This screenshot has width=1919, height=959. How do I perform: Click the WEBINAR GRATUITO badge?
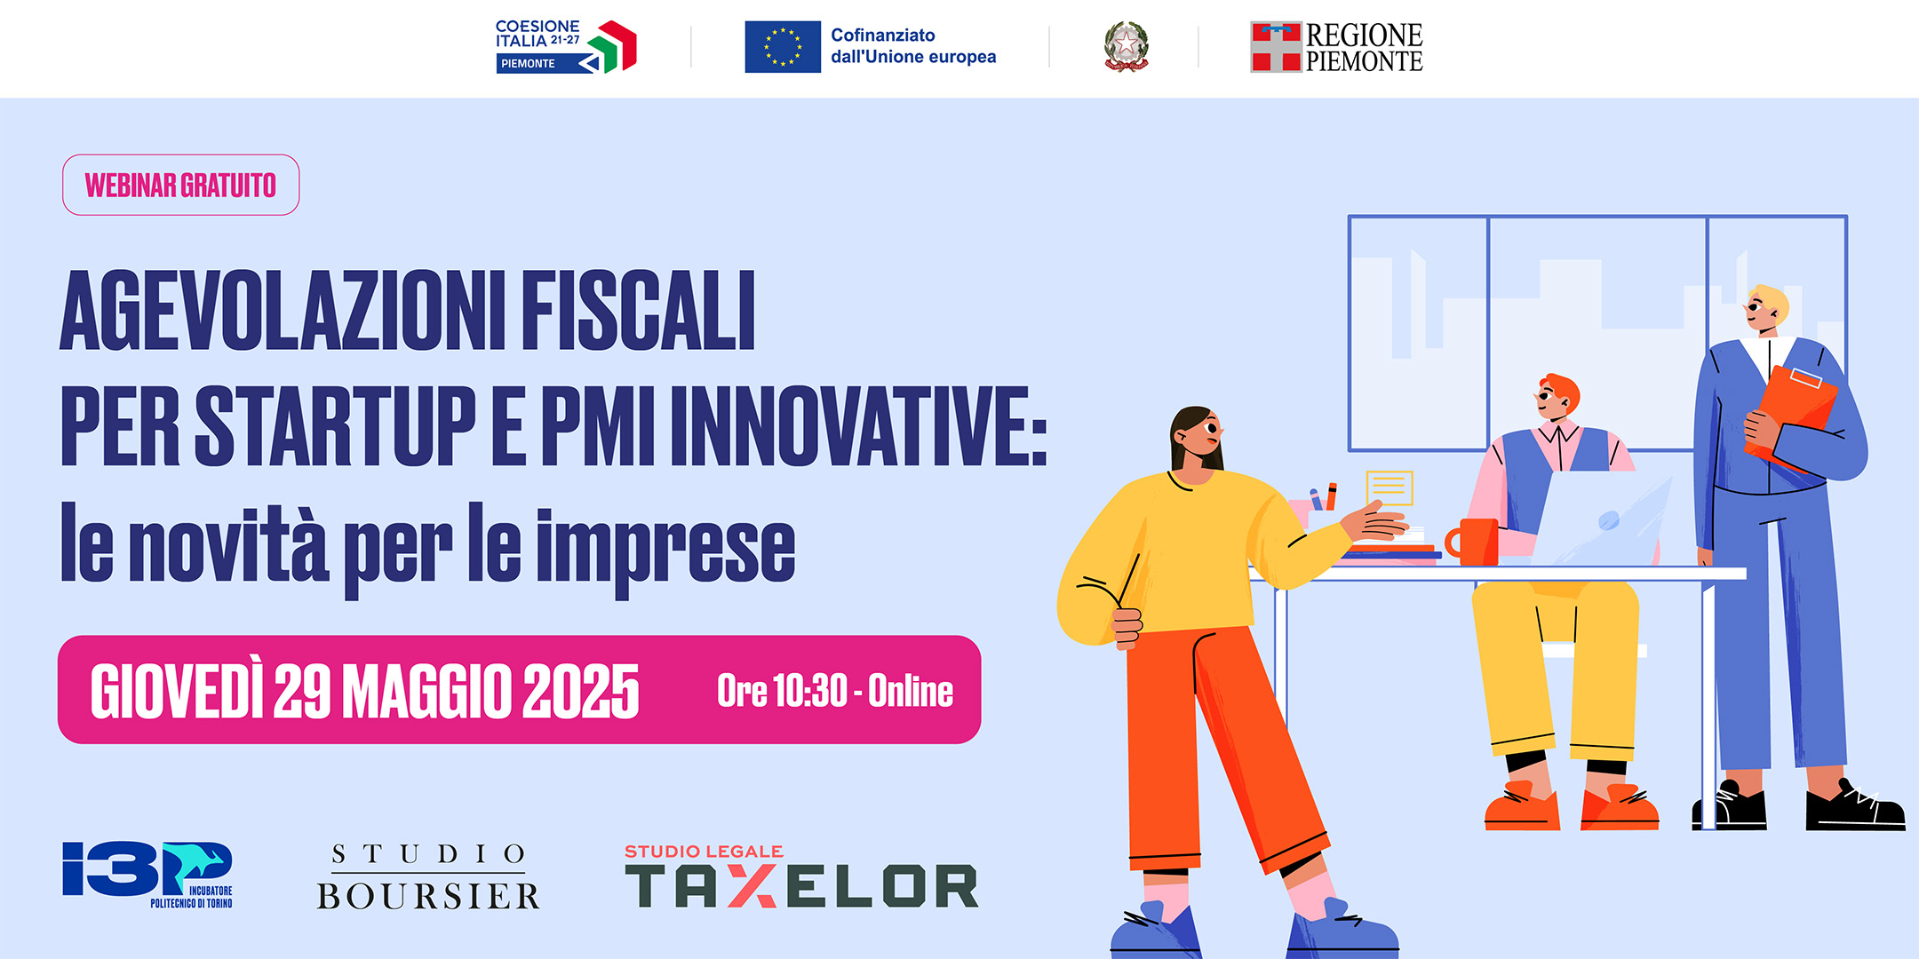[180, 185]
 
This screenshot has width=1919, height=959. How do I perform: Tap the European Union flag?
[783, 46]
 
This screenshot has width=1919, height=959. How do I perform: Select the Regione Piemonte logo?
[1336, 47]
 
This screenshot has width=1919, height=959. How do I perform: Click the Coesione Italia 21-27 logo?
[566, 46]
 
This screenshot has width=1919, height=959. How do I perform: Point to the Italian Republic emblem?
[1126, 46]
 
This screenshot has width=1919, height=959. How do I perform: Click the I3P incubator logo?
[147, 874]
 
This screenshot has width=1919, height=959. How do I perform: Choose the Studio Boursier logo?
[429, 877]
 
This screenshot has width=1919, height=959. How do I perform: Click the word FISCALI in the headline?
[638, 311]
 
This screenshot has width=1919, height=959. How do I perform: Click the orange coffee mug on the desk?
[1474, 542]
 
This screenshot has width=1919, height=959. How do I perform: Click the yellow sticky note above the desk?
[1389, 487]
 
